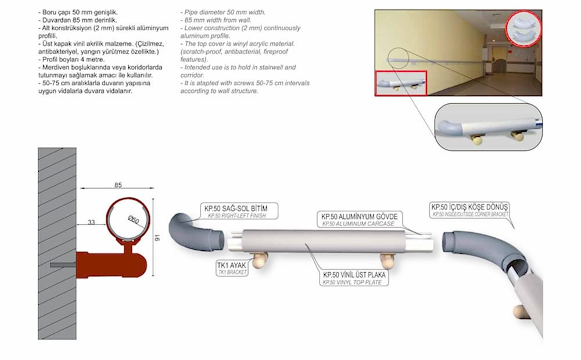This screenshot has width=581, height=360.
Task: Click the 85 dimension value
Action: coord(118,185)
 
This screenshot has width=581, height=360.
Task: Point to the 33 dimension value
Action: coord(91,222)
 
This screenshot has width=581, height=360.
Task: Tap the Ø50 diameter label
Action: coord(134,219)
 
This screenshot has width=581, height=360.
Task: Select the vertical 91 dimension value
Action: coord(157,237)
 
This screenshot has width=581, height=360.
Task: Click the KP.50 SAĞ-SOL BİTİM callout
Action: coord(239,211)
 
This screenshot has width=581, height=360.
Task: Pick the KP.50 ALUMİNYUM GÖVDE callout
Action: coord(359,219)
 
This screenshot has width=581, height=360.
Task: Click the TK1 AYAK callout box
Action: coord(232,268)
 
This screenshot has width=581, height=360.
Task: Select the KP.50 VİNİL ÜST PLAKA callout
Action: coord(354,278)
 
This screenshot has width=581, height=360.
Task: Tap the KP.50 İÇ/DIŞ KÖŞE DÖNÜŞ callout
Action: coord(469,210)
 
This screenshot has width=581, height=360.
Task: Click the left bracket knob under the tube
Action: coord(259,260)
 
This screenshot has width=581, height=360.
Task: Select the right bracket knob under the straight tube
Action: coord(388,261)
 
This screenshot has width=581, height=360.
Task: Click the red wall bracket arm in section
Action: coord(111,264)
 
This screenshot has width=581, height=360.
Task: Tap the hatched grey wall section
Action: coord(57,243)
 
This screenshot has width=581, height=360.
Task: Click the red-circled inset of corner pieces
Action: coord(523,29)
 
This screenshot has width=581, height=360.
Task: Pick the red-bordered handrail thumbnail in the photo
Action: coord(401,84)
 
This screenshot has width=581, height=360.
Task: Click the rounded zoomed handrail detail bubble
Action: coord(489,127)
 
